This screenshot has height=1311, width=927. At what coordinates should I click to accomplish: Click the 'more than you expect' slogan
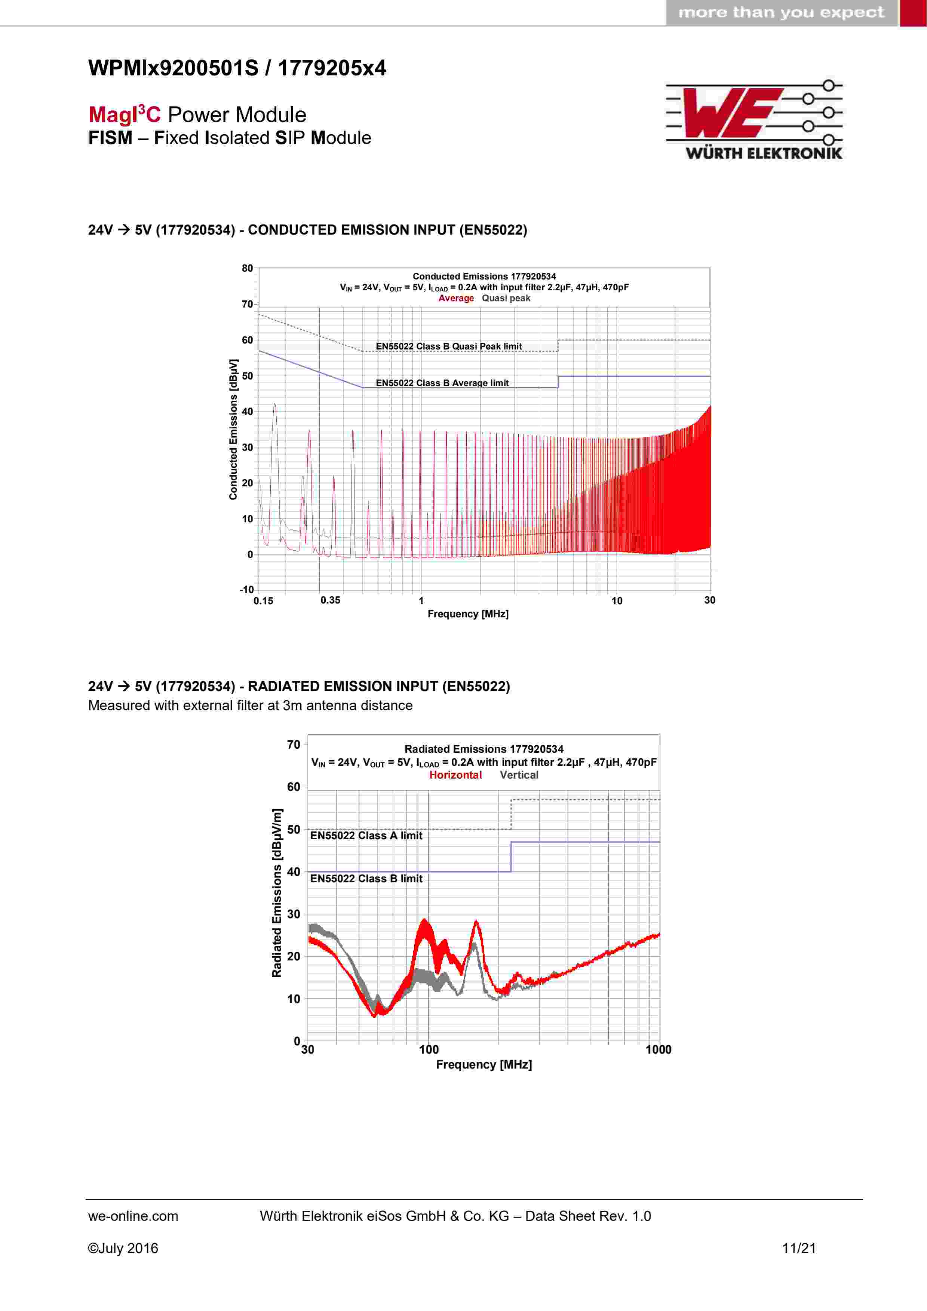tap(781, 13)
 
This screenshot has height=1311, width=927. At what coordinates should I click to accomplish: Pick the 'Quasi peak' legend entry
tap(506, 298)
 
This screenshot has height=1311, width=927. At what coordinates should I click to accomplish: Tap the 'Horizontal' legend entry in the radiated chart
tap(455, 775)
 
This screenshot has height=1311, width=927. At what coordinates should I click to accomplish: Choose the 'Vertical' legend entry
tap(519, 775)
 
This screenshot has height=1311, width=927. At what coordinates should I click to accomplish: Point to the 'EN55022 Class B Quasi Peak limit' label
tap(449, 346)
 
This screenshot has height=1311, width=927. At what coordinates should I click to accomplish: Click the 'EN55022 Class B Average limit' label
tap(442, 383)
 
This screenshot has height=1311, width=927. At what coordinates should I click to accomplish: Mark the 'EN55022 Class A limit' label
tap(366, 836)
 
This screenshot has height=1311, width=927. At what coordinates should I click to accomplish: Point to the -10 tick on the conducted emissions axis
tap(246, 590)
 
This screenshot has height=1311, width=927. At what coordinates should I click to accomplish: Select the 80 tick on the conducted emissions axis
tap(247, 268)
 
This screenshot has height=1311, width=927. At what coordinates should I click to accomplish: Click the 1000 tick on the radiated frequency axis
tap(658, 1049)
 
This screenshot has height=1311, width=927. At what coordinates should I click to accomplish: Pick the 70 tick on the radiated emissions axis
tap(294, 745)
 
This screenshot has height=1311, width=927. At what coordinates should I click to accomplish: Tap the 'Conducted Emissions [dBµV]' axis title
tap(233, 430)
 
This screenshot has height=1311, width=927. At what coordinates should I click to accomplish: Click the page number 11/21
tap(799, 1248)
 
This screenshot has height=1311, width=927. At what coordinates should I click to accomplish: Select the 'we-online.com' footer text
tap(133, 1216)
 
